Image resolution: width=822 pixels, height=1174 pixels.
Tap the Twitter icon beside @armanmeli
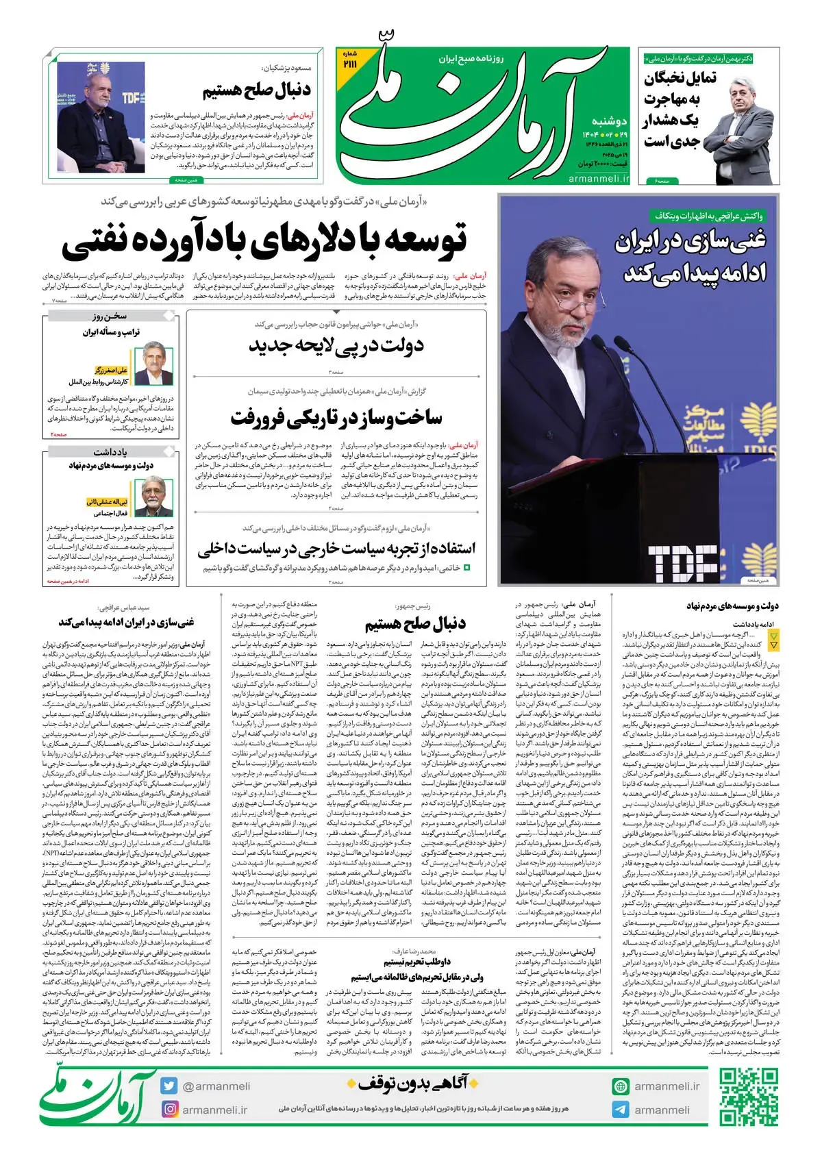tap(169, 1086)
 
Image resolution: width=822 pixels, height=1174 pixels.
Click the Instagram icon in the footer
tap(169, 1109)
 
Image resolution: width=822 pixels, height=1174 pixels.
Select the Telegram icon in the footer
tap(621, 1110)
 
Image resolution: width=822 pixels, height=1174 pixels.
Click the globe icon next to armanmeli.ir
tap(621, 1086)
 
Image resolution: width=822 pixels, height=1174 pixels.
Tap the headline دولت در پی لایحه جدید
tap(336, 345)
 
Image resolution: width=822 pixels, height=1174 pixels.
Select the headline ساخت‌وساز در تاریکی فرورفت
tap(336, 416)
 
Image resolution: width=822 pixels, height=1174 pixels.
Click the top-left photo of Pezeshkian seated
tap(96, 116)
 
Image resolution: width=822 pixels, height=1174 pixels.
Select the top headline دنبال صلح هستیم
tap(257, 90)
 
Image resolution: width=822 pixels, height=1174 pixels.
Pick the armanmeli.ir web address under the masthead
tap(598, 178)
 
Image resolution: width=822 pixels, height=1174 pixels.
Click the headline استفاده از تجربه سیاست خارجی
tap(336, 549)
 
